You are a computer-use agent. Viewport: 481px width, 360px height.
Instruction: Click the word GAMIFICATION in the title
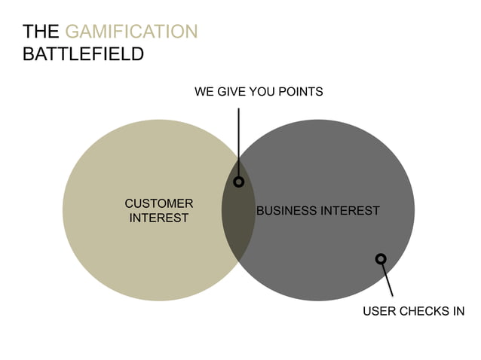click(132, 32)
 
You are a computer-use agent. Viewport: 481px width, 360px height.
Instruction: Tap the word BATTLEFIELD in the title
click(83, 54)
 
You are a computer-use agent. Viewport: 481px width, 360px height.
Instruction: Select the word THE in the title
click(41, 32)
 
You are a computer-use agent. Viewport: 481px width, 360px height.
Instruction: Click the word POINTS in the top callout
click(299, 92)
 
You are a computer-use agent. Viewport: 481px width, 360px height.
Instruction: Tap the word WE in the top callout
click(204, 92)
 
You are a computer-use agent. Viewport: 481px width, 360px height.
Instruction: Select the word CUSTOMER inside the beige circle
click(159, 203)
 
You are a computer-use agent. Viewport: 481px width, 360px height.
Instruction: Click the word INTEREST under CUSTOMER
click(159, 218)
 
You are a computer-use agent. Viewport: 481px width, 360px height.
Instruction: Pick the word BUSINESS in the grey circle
click(286, 211)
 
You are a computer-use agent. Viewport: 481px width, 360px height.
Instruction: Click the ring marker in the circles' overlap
click(239, 182)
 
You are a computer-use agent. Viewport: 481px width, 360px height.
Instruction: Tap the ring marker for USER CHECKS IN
click(381, 259)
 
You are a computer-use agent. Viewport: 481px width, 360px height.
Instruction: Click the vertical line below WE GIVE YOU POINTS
click(239, 143)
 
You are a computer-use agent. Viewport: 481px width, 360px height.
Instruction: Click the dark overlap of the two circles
click(238, 226)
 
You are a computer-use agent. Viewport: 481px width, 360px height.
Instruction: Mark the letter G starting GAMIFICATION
click(72, 32)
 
